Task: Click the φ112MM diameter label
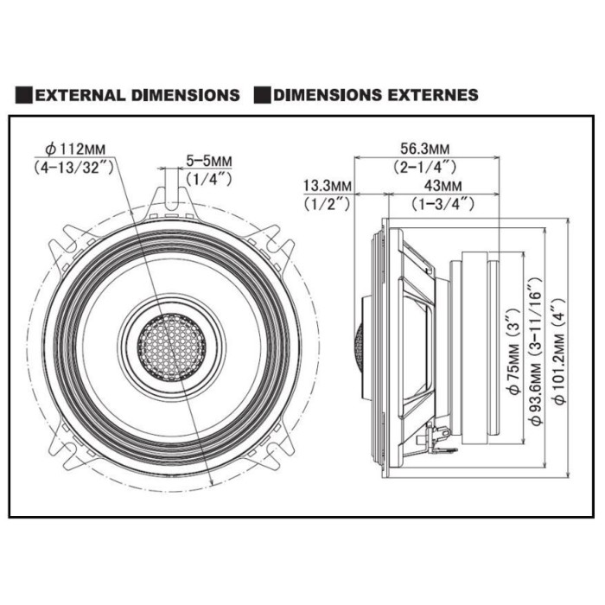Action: (x=75, y=149)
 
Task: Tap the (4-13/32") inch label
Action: (x=73, y=168)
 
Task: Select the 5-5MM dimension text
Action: (x=209, y=160)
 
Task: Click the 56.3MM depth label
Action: (x=424, y=148)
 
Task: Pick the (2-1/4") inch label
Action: (x=425, y=167)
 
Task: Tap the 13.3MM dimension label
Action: (x=328, y=186)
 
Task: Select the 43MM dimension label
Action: (x=443, y=186)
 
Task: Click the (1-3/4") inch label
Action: (x=443, y=203)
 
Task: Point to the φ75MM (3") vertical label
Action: (x=515, y=352)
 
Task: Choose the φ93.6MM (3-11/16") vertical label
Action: (x=537, y=351)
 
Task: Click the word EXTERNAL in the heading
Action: (x=80, y=95)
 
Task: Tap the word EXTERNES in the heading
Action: (x=433, y=95)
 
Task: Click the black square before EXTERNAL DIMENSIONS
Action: (x=24, y=95)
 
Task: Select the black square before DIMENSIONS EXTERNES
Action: (x=263, y=95)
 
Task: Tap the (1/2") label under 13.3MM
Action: (x=328, y=203)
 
